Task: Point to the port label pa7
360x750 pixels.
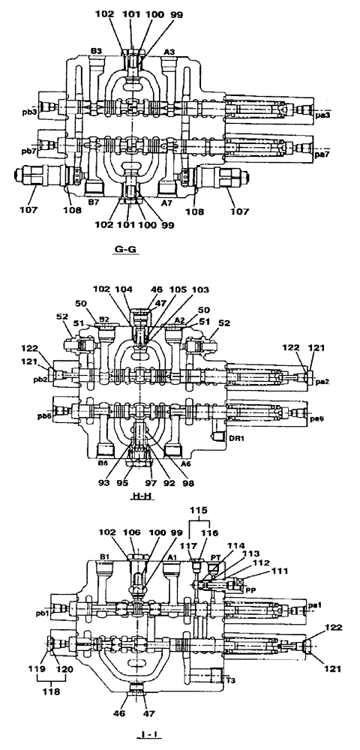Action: pyautogui.click(x=321, y=154)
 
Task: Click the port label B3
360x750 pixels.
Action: pyautogui.click(x=96, y=50)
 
